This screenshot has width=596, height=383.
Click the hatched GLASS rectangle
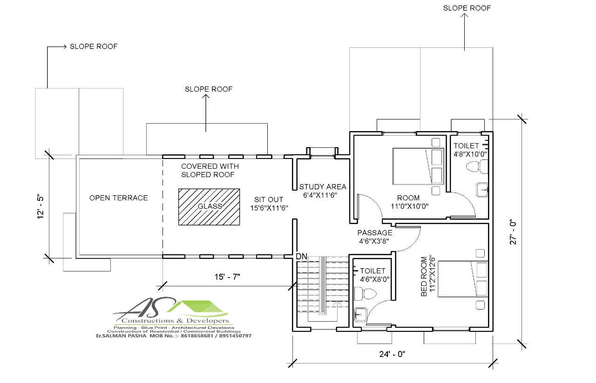[x=209, y=207]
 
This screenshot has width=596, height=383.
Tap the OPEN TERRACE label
[x=118, y=198]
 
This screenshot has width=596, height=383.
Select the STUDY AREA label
[x=323, y=187]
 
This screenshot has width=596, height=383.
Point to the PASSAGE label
[x=375, y=233]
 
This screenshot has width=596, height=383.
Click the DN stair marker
[x=301, y=257]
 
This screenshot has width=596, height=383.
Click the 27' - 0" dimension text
[x=513, y=231]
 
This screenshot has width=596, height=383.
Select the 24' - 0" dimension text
[x=392, y=354]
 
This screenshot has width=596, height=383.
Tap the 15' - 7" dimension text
[x=227, y=277]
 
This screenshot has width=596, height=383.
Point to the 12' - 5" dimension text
[x=40, y=207]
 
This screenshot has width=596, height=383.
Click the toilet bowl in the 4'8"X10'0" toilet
[x=477, y=166]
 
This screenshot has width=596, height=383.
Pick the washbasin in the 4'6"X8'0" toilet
[x=360, y=315]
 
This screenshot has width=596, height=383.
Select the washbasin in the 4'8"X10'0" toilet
[x=482, y=190]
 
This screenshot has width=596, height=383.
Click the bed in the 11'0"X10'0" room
[x=419, y=166]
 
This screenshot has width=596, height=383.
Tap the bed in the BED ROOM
[x=463, y=279]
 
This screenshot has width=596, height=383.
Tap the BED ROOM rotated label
[x=424, y=276]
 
